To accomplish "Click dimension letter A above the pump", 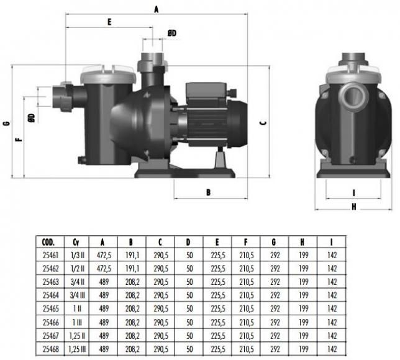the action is click(157, 9).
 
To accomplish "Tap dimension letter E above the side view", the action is click(109, 22).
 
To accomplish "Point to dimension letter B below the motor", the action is click(208, 192).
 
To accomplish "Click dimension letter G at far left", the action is click(7, 123).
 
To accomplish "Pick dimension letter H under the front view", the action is click(353, 207).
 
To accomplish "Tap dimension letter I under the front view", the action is click(353, 193).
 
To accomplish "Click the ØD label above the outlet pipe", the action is click(172, 33).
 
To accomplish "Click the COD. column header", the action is click(48, 242).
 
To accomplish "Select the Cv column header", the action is click(76, 242).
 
